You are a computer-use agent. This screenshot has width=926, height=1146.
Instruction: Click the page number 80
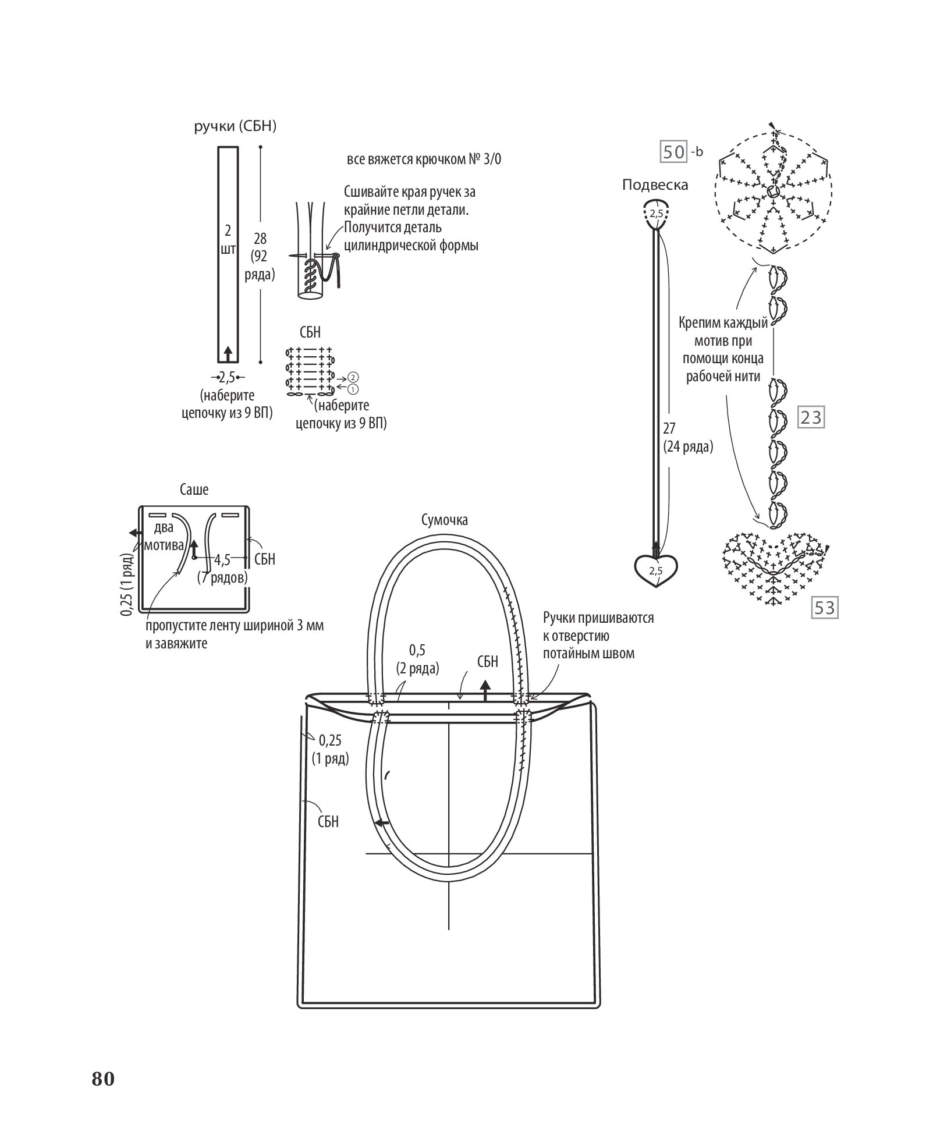103,1078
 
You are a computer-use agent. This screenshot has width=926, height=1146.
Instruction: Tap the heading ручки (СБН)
235,127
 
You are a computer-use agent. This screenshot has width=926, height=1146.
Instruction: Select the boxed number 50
674,152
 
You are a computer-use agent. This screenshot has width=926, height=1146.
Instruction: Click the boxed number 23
811,418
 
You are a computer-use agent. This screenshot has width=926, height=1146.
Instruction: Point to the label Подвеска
655,185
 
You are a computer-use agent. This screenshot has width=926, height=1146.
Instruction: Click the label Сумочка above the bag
445,520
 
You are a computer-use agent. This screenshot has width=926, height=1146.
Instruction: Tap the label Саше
194,489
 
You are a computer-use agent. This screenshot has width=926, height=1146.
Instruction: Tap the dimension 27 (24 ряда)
687,438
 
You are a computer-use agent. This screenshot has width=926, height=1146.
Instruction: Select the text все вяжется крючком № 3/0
423,159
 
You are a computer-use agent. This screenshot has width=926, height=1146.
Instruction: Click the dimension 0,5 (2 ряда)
417,659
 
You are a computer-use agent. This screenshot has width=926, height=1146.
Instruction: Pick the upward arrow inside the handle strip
228,352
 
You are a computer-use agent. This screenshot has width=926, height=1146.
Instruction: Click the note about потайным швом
598,636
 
